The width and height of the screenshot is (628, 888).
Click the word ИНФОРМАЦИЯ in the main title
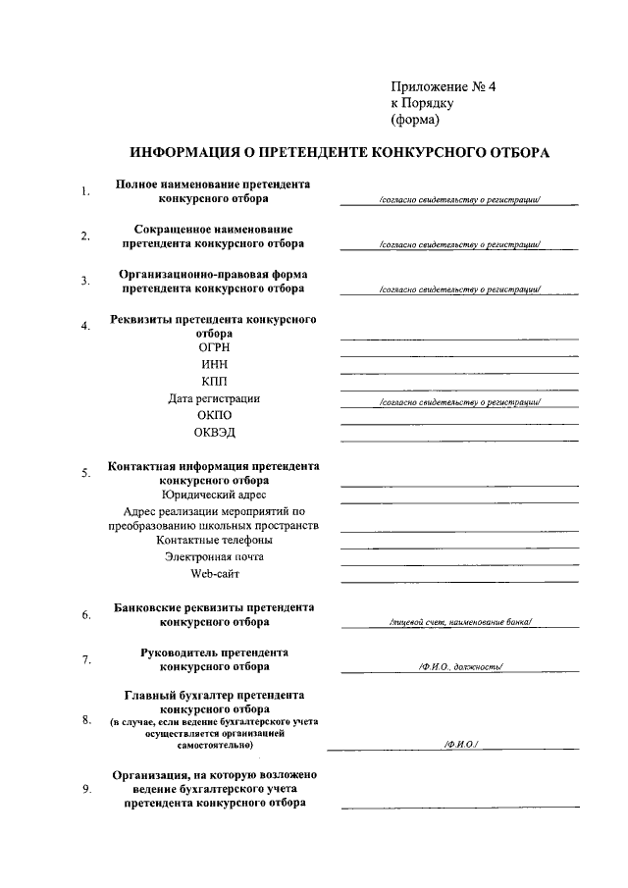(187, 153)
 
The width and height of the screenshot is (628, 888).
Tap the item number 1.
(86, 191)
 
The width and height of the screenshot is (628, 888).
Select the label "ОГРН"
(215, 346)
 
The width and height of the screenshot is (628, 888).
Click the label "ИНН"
(215, 364)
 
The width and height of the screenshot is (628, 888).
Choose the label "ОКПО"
(215, 415)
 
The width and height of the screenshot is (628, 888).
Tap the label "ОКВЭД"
(215, 433)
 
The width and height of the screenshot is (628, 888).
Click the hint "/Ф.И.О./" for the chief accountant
(459, 746)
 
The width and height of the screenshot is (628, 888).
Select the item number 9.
(86, 791)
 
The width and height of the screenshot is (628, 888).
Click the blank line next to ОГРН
(459, 354)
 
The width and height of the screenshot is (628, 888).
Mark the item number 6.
(86, 615)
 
